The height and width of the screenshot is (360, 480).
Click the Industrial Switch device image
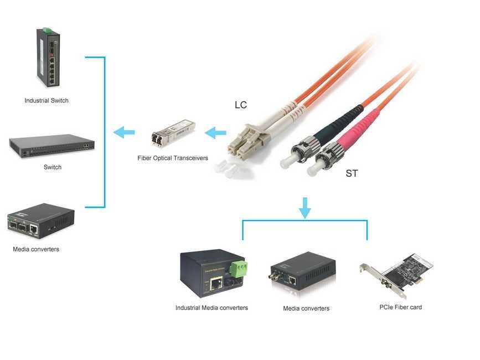(47, 58)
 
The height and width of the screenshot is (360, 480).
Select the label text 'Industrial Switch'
(47, 101)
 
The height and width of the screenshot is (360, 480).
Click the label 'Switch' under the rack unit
(53, 167)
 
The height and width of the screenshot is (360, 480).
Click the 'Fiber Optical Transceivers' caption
(173, 158)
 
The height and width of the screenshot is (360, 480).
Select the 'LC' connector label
(241, 105)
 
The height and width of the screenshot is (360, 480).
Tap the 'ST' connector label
(352, 173)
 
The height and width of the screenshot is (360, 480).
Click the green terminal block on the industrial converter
(239, 269)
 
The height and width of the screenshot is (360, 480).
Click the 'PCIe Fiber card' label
(400, 307)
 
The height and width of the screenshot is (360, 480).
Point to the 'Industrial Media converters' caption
(211, 307)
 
